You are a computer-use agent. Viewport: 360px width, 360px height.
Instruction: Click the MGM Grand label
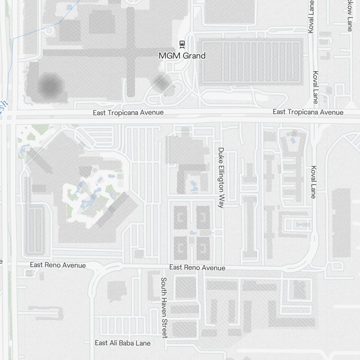coord(182,56)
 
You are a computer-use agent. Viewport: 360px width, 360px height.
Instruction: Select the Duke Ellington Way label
coord(221,177)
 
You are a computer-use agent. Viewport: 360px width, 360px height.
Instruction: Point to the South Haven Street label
coord(164,307)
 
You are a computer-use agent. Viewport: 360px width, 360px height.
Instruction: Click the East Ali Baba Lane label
coord(122,343)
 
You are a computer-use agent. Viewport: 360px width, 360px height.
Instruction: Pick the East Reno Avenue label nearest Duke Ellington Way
coord(197,267)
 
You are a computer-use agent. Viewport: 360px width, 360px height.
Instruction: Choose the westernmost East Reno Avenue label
coord(58,265)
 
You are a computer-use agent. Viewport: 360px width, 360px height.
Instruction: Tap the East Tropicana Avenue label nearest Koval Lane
coord(308,112)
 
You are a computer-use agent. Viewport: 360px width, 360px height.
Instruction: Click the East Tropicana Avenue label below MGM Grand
coord(128,113)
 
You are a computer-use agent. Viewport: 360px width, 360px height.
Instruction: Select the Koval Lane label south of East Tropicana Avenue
coord(314,182)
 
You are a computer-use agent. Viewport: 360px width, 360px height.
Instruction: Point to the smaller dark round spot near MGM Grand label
coord(161,82)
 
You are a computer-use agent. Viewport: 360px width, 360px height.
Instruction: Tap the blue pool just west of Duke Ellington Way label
coord(194,186)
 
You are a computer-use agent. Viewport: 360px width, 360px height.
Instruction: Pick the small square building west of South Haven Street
coord(116,290)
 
